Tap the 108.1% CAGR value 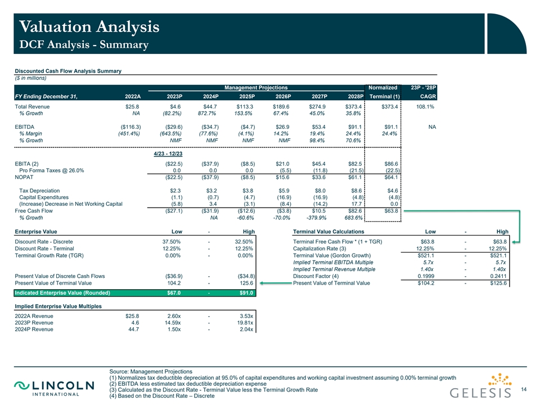(426, 107)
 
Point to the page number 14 (524, 389)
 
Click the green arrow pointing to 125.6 (276, 283)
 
